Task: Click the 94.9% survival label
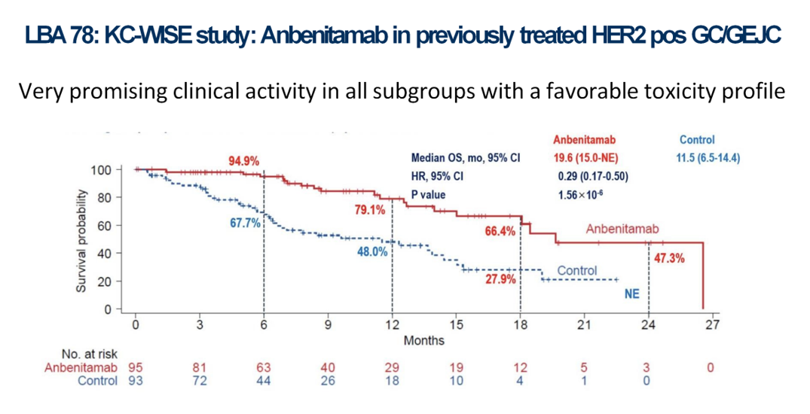[243, 160]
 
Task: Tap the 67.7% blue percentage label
[246, 223]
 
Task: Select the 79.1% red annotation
[370, 209]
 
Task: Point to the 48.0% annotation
[372, 251]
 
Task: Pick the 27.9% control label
[500, 279]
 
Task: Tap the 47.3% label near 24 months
[669, 257]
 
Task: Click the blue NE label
[632, 294]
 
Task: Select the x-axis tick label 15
[456, 325]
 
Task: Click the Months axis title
[424, 340]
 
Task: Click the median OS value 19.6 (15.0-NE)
[590, 158]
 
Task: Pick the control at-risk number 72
[199, 380]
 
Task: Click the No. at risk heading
[89, 354]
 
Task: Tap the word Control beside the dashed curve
[576, 270]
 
